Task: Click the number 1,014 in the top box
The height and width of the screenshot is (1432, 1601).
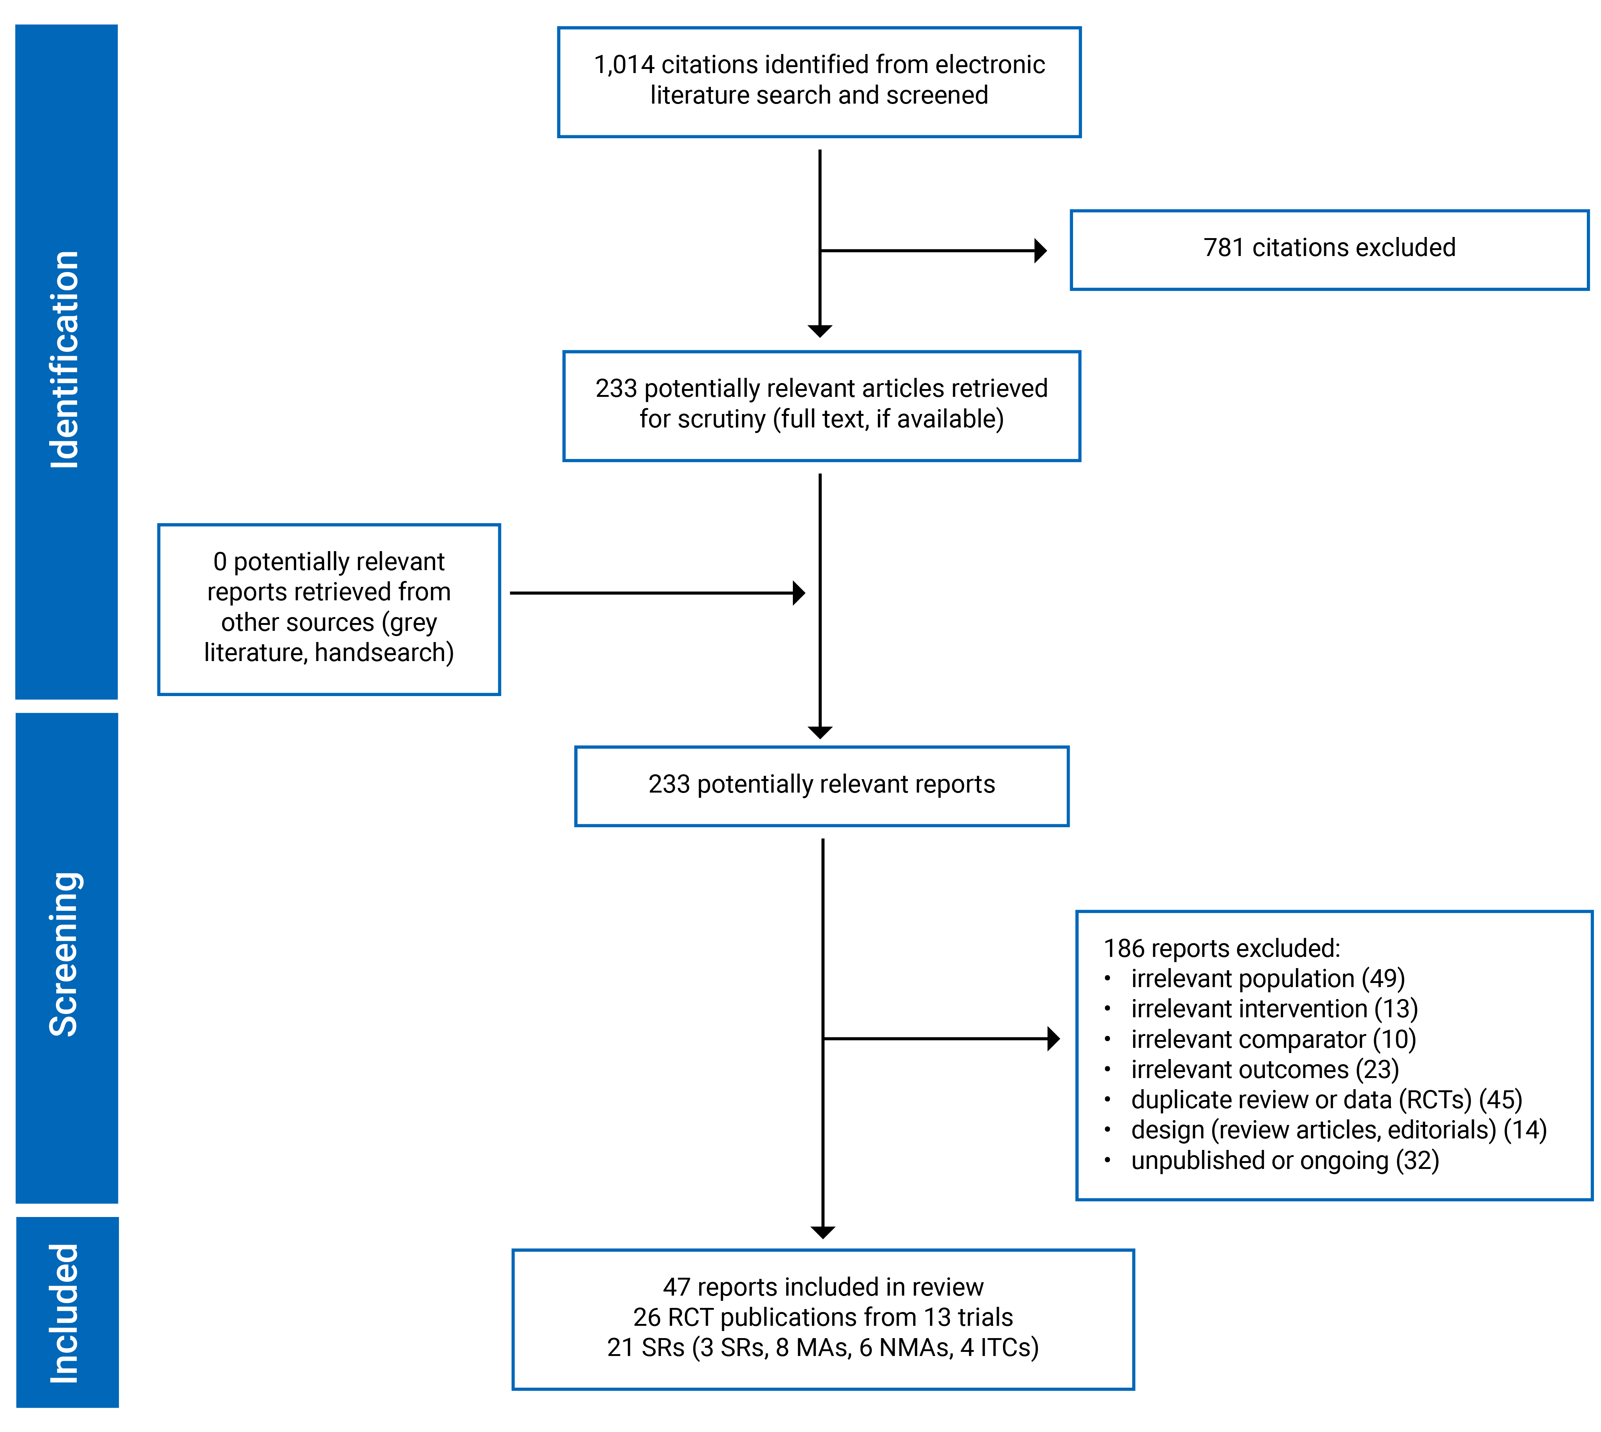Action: pyautogui.click(x=624, y=64)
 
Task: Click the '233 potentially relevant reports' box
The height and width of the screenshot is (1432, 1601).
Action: pyautogui.click(x=821, y=785)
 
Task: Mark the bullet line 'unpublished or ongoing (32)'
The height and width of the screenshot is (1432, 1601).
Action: pyautogui.click(x=1285, y=1161)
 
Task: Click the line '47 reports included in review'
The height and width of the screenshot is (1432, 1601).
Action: pyautogui.click(x=823, y=1287)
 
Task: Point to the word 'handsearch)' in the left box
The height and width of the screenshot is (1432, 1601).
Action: pyautogui.click(x=384, y=653)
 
